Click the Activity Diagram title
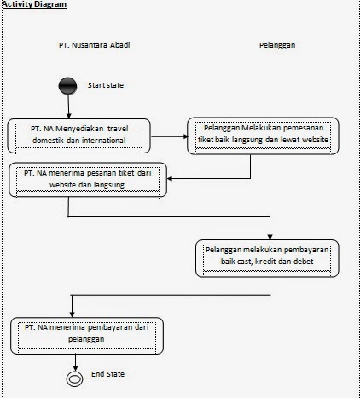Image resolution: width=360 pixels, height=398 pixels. [x=34, y=5]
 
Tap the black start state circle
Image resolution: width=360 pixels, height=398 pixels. [x=68, y=87]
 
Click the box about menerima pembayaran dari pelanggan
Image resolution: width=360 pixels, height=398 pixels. [x=87, y=334]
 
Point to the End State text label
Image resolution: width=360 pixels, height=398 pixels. [x=109, y=375]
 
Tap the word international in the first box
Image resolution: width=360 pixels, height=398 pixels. [x=111, y=140]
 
